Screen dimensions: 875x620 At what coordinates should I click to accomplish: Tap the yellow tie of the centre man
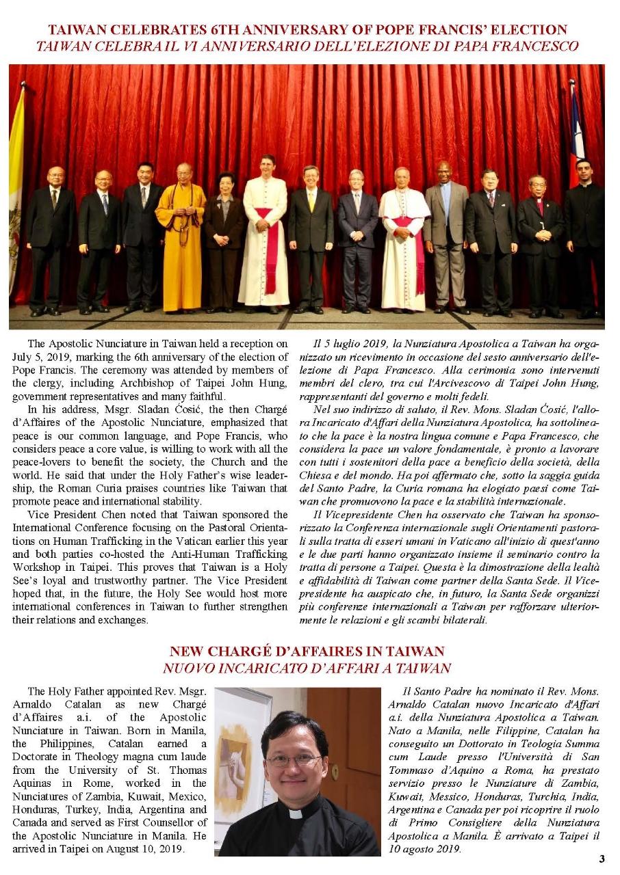(311, 200)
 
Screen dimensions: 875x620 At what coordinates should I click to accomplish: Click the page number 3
(602, 859)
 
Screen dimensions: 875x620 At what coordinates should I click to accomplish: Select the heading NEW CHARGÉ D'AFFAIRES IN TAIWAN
(307, 651)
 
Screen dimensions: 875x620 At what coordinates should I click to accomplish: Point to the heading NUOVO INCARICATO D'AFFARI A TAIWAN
(307, 669)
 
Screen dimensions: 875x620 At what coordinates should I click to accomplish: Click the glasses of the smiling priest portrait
(293, 760)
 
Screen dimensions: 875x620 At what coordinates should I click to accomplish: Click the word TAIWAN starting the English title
(74, 30)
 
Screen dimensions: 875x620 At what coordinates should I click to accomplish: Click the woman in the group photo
(224, 232)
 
